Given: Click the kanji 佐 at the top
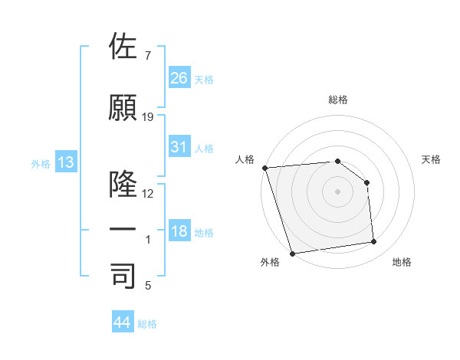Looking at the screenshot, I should (123, 47).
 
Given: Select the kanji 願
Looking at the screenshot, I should (123, 108).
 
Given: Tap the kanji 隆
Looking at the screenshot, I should (123, 184).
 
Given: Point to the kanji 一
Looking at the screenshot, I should (123, 231).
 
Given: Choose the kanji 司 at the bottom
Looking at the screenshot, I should (123, 277).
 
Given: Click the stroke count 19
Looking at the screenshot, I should (148, 117).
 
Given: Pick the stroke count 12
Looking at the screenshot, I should (148, 194).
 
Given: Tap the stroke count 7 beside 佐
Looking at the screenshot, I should (148, 56).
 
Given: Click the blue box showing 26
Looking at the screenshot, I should (179, 77).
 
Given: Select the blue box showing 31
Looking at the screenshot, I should (179, 147).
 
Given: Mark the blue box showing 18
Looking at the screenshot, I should (179, 231).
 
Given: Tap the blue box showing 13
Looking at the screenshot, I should (65, 162).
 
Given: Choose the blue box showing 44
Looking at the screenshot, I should (123, 322).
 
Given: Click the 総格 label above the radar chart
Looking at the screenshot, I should (338, 100).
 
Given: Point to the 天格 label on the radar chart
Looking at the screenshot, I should (432, 159).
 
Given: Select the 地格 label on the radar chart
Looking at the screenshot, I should (402, 262).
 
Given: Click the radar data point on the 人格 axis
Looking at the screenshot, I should (264, 168).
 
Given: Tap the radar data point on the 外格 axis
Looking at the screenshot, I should (292, 254).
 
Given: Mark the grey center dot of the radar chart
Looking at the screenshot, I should (337, 191).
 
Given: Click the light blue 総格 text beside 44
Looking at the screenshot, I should (147, 324).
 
